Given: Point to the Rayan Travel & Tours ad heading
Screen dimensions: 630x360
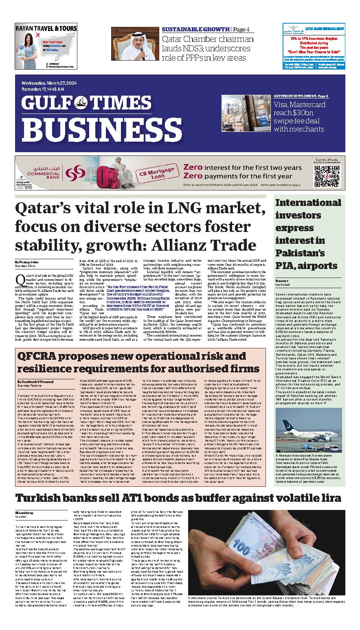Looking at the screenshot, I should click(x=46, y=28).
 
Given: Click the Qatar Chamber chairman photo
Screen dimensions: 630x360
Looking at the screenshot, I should click(x=134, y=44).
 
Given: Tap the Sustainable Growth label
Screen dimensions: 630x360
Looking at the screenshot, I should click(x=195, y=29).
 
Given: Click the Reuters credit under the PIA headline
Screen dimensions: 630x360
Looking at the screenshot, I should click(x=282, y=280).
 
